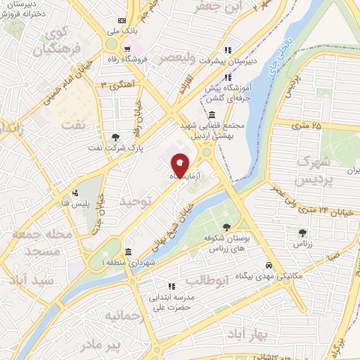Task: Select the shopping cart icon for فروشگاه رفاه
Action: click(x=127, y=49)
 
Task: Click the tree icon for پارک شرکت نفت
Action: click(x=115, y=136)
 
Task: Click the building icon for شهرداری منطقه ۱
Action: click(x=127, y=252)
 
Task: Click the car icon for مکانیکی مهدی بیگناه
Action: click(x=269, y=266)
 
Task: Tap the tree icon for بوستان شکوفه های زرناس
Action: click(x=226, y=226)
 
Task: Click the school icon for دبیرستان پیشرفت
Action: click(x=226, y=50)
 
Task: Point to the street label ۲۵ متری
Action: click(x=307, y=126)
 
